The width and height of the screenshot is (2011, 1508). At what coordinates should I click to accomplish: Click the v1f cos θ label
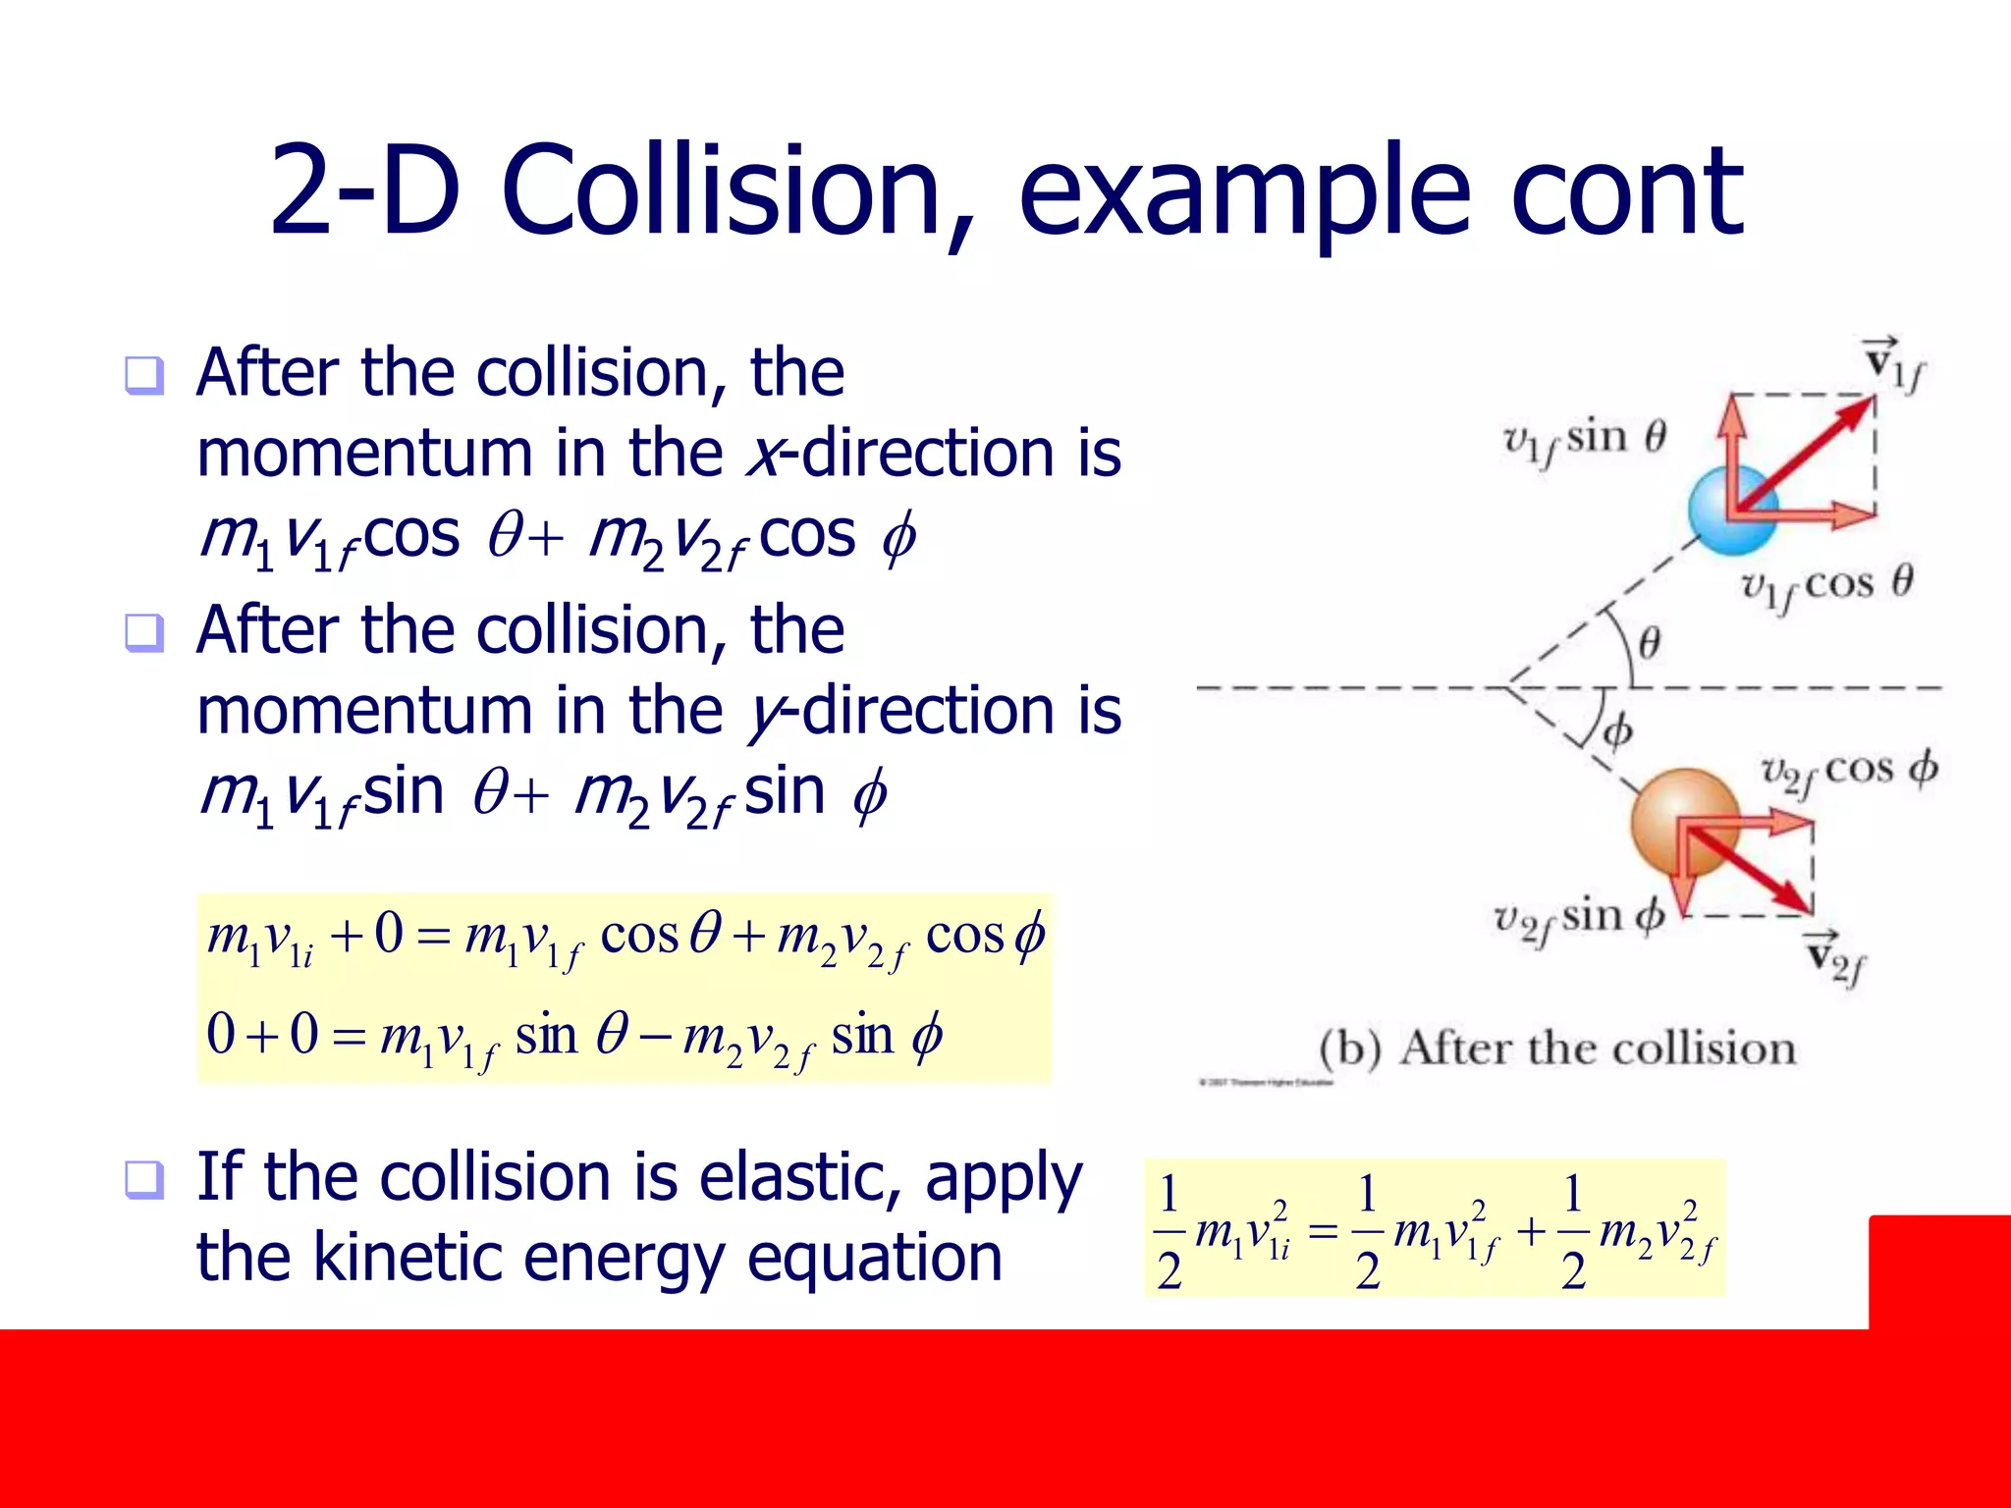1825,586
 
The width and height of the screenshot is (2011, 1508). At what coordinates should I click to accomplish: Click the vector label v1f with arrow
1893,364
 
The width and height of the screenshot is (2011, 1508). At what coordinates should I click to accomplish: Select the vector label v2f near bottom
1835,958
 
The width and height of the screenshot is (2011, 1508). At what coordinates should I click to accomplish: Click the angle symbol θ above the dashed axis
1650,643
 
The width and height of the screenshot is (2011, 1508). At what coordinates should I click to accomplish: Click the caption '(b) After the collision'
1557,1049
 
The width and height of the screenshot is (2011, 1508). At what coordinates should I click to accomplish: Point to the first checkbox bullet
144,376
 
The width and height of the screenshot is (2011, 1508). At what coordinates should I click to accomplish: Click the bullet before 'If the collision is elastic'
144,1179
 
